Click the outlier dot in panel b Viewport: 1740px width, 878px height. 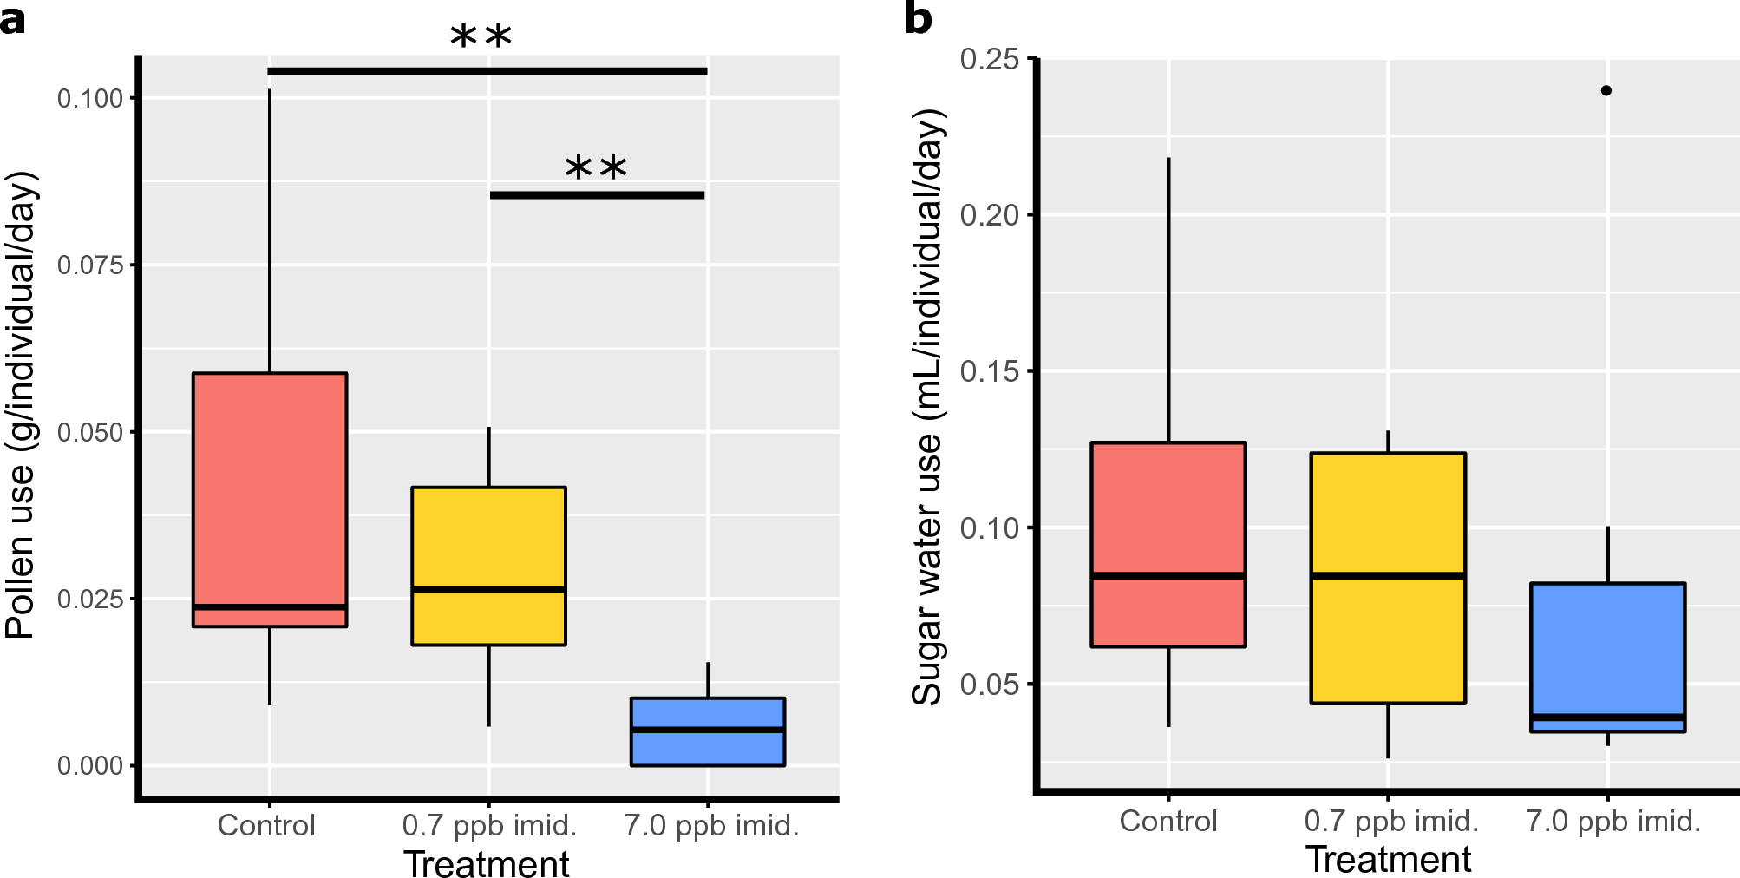pyautogui.click(x=1606, y=90)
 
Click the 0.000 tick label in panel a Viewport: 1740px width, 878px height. pyautogui.click(x=90, y=765)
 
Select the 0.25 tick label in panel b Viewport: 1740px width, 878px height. pyautogui.click(x=989, y=59)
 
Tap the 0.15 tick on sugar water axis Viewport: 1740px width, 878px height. pyautogui.click(x=989, y=371)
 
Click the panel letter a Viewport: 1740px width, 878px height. pyautogui.click(x=12, y=19)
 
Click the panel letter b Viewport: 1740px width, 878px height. pyautogui.click(x=918, y=19)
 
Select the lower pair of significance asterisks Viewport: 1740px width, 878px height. pyautogui.click(x=596, y=169)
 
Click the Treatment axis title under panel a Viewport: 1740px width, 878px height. pyautogui.click(x=487, y=864)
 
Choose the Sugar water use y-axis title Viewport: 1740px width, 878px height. pyautogui.click(x=927, y=408)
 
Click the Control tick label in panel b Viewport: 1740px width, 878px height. pyautogui.click(x=1168, y=821)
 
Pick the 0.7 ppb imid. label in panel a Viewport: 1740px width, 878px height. pyautogui.click(x=489, y=825)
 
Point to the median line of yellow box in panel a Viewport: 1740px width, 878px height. pyautogui.click(x=489, y=589)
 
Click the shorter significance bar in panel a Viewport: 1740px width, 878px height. pyautogui.click(x=597, y=195)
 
